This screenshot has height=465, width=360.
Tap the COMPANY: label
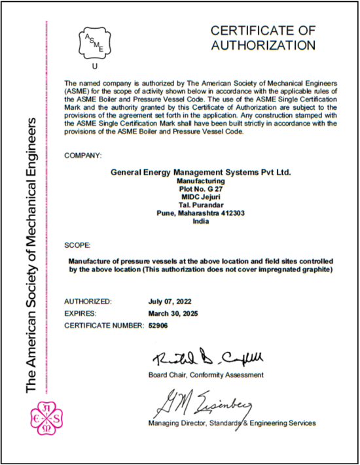coord(83,156)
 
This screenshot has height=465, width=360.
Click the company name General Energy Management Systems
coord(200,171)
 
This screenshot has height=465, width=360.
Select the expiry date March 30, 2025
coord(173,313)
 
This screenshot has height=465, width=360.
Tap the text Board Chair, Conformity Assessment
coord(206,375)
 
